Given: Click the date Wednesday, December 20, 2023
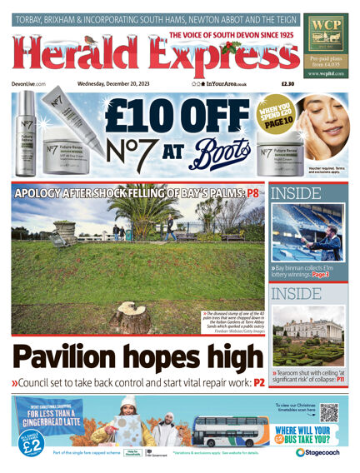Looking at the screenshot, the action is (x=114, y=83).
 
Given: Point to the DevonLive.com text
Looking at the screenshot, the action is (x=30, y=83).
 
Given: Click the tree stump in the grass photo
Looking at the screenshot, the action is (x=130, y=316).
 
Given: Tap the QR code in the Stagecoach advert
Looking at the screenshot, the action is (x=329, y=412).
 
